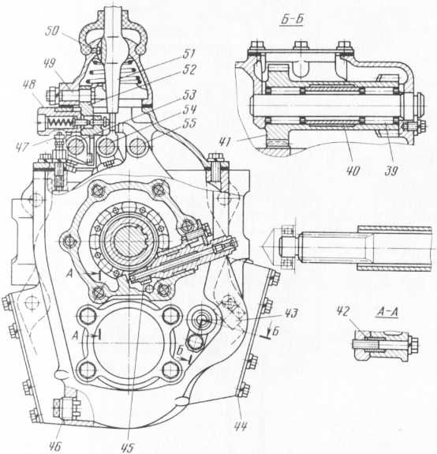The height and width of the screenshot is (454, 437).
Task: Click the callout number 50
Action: [53, 32]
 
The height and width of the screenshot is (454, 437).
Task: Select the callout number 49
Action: [50, 64]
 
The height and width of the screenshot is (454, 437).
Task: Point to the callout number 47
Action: [22, 146]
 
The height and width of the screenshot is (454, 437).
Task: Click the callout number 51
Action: [189, 54]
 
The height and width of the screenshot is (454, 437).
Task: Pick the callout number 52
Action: [190, 69]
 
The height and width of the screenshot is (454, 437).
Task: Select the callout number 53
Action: [190, 95]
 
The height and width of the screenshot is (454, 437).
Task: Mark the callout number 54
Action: [190, 109]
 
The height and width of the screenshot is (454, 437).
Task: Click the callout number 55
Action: [190, 123]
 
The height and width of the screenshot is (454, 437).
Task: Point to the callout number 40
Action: [353, 171]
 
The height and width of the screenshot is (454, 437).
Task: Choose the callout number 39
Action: [391, 171]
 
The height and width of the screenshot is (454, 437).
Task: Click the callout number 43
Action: [290, 313]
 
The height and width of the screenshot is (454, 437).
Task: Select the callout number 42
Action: [343, 311]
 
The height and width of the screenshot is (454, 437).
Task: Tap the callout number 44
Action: [241, 426]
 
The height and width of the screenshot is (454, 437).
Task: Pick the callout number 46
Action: [54, 446]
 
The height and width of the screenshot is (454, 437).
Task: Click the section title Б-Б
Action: [292, 20]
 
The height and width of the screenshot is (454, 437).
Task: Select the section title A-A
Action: [387, 313]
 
